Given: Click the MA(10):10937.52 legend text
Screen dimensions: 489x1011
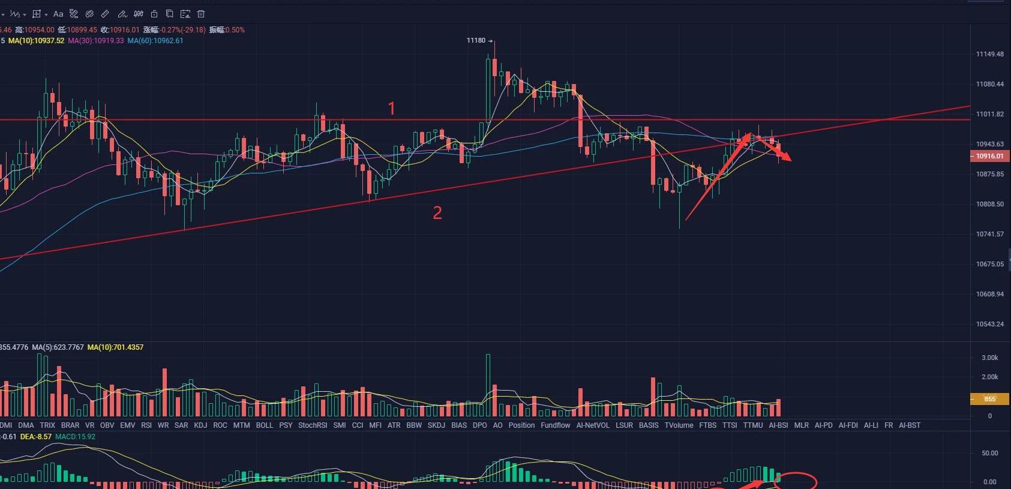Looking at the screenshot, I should [x=36, y=41].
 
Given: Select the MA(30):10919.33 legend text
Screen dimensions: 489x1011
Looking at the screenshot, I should [x=96, y=41].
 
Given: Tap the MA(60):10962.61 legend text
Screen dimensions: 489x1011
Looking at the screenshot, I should [x=155, y=41].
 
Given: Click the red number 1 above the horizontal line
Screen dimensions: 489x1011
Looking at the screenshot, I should [x=392, y=109].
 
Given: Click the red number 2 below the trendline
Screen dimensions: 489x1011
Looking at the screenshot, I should [x=437, y=212].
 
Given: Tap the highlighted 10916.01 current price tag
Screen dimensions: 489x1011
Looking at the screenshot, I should [x=989, y=156].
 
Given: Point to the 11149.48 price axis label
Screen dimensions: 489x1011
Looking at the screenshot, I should [x=989, y=55].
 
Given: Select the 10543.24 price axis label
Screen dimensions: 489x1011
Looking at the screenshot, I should [x=989, y=325].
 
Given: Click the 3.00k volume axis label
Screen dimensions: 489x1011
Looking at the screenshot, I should [x=989, y=358].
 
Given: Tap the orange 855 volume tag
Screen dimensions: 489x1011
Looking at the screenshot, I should [x=989, y=399].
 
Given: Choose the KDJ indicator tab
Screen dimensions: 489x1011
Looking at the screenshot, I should [x=200, y=425].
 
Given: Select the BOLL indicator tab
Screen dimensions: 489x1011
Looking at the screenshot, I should [x=264, y=425].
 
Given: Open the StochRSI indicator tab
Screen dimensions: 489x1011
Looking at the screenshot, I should [x=313, y=425].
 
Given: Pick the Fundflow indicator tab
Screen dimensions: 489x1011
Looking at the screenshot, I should [x=555, y=425].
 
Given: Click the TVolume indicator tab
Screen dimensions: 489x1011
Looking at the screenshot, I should [x=679, y=425].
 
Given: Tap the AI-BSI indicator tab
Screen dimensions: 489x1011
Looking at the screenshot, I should [x=778, y=425].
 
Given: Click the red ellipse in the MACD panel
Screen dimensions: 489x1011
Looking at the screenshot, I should [x=799, y=481].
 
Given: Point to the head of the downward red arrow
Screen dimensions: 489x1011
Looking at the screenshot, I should [x=790, y=160].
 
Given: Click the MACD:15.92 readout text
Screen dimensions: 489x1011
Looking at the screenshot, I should [x=76, y=437].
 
